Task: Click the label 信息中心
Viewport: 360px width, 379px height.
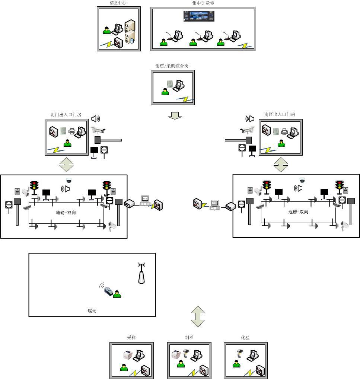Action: pyautogui.click(x=118, y=3)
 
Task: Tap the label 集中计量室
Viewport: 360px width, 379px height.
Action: pyautogui.click(x=203, y=3)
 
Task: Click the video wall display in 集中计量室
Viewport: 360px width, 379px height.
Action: pyautogui.click(x=199, y=16)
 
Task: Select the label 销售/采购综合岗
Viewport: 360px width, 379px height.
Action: pyautogui.click(x=172, y=66)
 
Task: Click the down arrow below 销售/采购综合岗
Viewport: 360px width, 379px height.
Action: pyautogui.click(x=175, y=116)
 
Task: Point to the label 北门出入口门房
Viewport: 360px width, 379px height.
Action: pyautogui.click(x=66, y=115)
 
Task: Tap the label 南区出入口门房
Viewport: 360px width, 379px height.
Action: pyautogui.click(x=280, y=115)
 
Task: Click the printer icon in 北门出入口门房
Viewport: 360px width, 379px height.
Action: pyautogui.click(x=72, y=131)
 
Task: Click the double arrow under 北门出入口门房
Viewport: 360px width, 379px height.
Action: pyautogui.click(x=67, y=164)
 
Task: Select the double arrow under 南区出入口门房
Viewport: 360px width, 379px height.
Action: pyautogui.click(x=281, y=164)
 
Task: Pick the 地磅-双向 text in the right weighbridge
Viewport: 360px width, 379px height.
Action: pyautogui.click(x=298, y=212)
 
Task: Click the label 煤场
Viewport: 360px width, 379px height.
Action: pyautogui.click(x=92, y=311)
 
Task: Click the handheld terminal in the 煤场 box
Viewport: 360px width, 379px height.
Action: pyautogui.click(x=108, y=290)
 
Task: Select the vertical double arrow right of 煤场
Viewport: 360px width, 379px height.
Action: pyautogui.click(x=198, y=316)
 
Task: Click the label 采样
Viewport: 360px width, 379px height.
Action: pyautogui.click(x=131, y=338)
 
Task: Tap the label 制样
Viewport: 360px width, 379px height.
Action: pyautogui.click(x=189, y=338)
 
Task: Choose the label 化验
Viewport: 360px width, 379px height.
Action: pyautogui.click(x=245, y=338)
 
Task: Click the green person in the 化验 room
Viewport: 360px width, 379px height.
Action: pyautogui.click(x=236, y=363)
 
